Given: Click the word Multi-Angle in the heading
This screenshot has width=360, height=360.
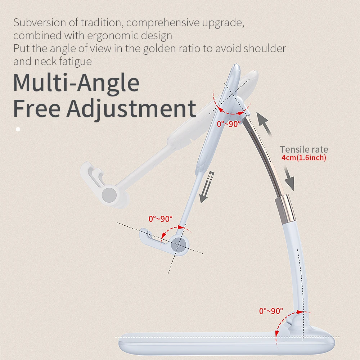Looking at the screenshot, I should coord(76,83).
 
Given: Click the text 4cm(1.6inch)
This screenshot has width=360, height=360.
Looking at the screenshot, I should coord(304,158).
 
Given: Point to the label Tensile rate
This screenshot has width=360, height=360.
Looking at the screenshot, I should coord(304,149).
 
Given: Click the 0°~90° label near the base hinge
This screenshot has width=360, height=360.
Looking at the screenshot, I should coord(271,311).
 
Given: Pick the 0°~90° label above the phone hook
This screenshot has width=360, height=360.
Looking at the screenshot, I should coord(161,219).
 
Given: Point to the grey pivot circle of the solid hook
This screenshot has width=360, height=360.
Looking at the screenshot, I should coord(179,246).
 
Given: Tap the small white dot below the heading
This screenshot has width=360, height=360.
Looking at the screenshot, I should coord(18,129).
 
